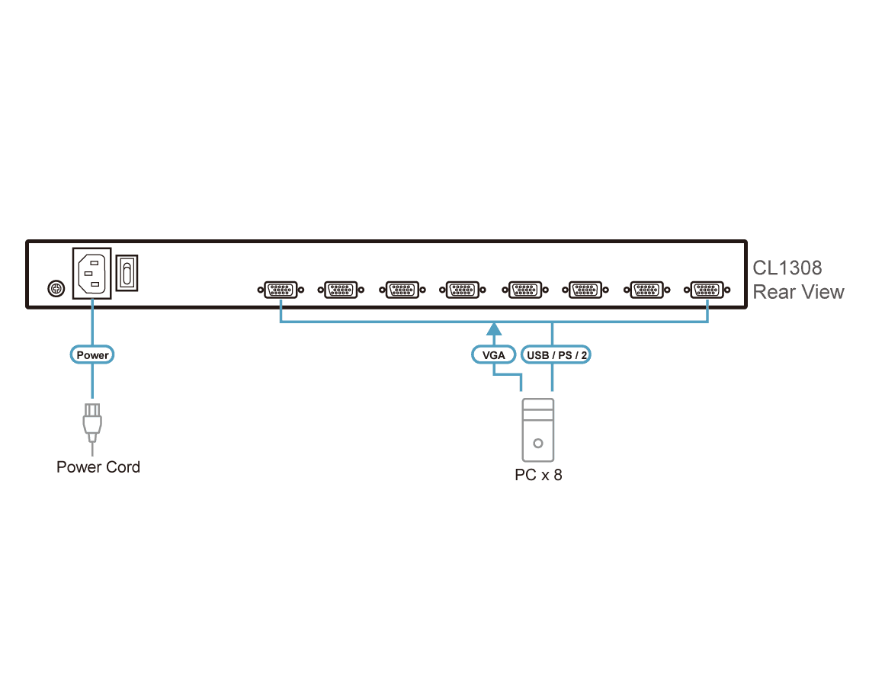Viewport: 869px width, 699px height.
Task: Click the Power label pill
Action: pos(92,354)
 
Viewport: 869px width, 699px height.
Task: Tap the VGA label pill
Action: pos(493,354)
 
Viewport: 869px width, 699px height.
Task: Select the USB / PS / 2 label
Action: pos(556,354)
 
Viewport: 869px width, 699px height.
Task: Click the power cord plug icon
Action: pos(92,424)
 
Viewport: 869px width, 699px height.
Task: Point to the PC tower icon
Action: pos(537,430)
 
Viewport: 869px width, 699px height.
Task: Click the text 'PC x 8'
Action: pos(538,475)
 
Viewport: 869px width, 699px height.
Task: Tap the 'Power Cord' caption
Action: pos(98,467)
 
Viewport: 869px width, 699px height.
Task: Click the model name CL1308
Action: pos(787,268)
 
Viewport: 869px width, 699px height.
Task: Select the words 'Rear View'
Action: pos(798,292)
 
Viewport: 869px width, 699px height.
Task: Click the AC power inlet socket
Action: pos(92,274)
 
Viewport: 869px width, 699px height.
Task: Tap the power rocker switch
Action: pos(127,273)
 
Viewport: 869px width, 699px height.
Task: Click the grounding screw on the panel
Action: pos(56,288)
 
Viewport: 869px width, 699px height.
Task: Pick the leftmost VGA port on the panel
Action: pos(281,290)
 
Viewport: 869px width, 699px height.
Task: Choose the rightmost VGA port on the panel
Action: pos(707,290)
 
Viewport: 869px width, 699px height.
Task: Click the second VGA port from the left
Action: pos(341,290)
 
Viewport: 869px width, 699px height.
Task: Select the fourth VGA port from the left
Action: pos(463,290)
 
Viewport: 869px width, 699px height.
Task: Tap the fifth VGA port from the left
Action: pos(525,290)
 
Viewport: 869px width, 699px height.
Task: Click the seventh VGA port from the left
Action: pos(646,290)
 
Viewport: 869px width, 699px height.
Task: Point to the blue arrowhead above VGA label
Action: pos(494,329)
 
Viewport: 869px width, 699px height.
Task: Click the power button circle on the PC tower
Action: pos(537,444)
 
